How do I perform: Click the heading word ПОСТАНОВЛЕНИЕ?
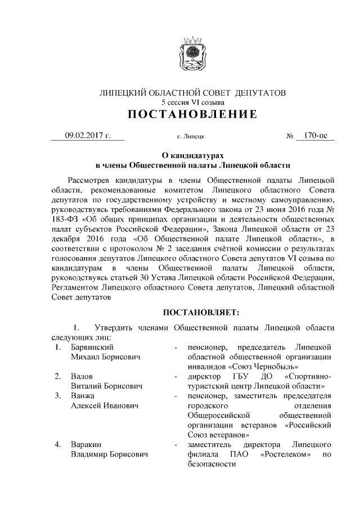(x=192, y=115)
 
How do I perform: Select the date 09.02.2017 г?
(x=87, y=135)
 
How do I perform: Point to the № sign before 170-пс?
(x=291, y=136)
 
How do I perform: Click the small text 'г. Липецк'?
(x=190, y=136)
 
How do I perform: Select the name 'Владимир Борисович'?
(x=109, y=455)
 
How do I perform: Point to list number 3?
(x=57, y=395)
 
